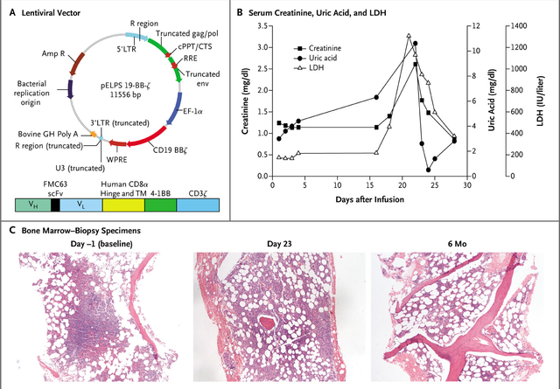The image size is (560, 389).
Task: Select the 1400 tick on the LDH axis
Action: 519,26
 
